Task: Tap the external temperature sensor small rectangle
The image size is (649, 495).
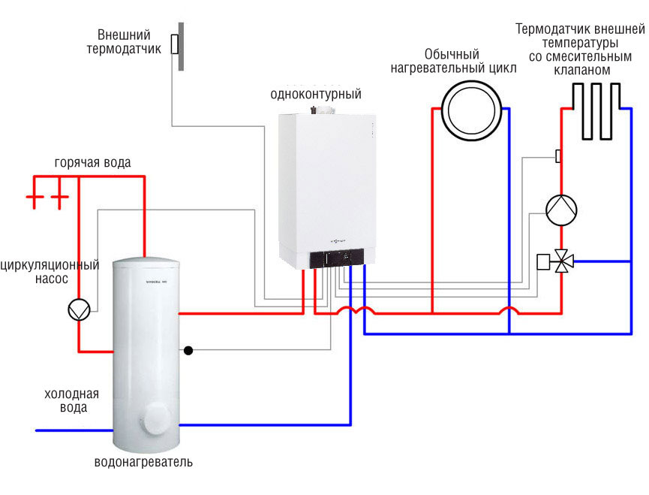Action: coord(174,44)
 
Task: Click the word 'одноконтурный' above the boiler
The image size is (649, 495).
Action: coord(316,95)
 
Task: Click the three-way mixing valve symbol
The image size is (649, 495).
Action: coord(561,262)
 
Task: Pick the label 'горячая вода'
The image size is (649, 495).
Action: coord(92,163)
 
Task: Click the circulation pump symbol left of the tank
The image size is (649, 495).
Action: coord(78,309)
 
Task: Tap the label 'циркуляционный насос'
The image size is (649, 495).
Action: coord(50,272)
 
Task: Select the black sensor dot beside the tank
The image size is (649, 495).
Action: coord(188,350)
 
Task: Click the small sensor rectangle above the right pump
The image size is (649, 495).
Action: coord(558,156)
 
